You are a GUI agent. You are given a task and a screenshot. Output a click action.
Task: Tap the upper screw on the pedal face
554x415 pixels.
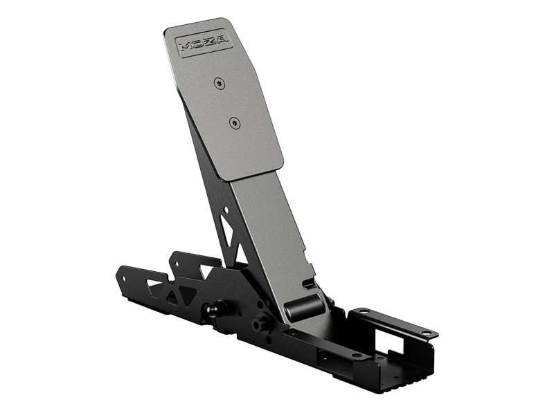click(x=219, y=83)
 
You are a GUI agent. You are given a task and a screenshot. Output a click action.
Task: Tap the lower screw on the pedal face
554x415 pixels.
click(x=234, y=123)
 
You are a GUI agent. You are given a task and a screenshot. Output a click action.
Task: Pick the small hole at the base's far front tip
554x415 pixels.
click(x=123, y=279)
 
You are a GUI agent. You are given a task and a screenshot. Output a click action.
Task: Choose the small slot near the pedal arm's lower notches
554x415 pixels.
click(x=310, y=283)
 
